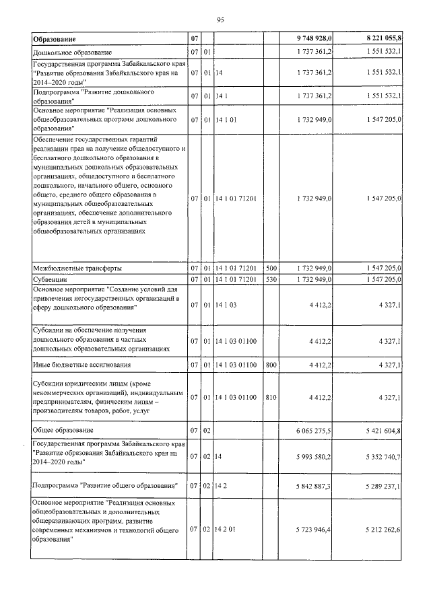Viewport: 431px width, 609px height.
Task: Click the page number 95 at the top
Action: [220, 19]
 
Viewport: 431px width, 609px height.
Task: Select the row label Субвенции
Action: [50, 279]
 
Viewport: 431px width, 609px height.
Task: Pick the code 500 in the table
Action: [271, 268]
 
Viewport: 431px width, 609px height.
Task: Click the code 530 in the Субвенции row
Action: [271, 279]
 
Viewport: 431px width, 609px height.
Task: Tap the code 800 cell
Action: [271, 365]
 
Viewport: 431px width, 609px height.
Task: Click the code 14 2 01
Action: [228, 531]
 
